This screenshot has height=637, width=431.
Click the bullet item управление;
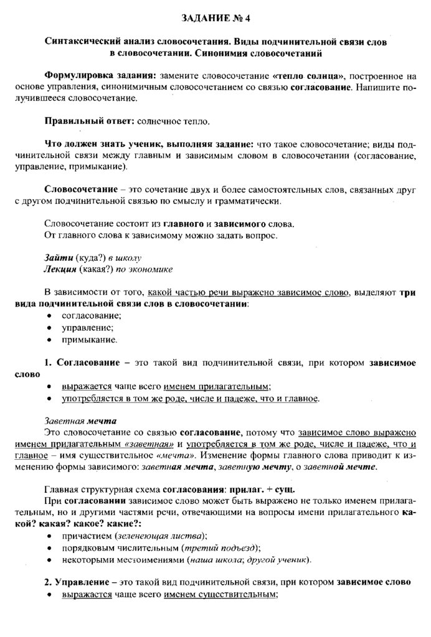(87, 327)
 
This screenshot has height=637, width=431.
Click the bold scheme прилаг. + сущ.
(254, 488)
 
